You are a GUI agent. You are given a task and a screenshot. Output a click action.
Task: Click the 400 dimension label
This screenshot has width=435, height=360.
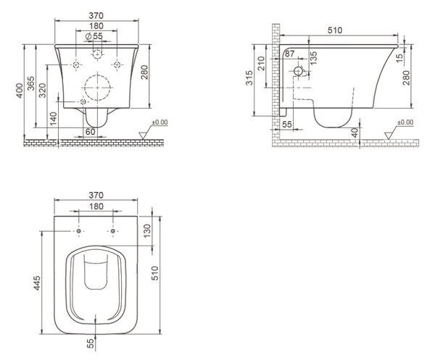(x=20, y=91)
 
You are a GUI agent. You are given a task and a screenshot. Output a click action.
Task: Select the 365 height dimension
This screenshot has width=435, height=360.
(x=30, y=83)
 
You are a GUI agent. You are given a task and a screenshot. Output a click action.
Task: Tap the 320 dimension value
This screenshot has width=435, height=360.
(x=43, y=91)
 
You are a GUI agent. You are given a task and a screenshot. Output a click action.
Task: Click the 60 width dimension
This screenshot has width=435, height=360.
(x=91, y=132)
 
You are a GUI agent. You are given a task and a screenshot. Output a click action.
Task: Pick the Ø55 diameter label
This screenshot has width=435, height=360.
(x=94, y=36)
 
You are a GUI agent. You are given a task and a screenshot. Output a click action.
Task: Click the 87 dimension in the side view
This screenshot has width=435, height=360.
(x=289, y=54)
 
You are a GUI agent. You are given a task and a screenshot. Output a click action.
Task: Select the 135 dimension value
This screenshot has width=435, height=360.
(x=313, y=58)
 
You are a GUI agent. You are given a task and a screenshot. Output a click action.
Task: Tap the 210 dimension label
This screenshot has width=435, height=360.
(x=261, y=63)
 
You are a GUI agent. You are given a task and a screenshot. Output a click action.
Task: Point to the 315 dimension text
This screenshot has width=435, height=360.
(x=249, y=78)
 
